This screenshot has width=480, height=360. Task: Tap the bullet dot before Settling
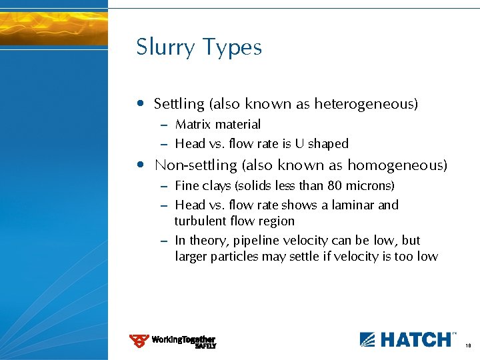pyautogui.click(x=139, y=103)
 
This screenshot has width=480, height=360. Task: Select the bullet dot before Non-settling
pyautogui.click(x=139, y=165)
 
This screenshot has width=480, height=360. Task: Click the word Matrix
pyautogui.click(x=191, y=125)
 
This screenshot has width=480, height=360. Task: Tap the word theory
pyautogui.click(x=207, y=241)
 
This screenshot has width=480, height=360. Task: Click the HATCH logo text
pyautogui.click(x=415, y=339)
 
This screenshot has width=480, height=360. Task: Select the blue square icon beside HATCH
pyautogui.click(x=369, y=339)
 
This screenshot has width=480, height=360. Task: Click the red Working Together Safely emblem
pyautogui.click(x=139, y=341)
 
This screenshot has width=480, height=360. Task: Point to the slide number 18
pyautogui.click(x=469, y=346)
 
